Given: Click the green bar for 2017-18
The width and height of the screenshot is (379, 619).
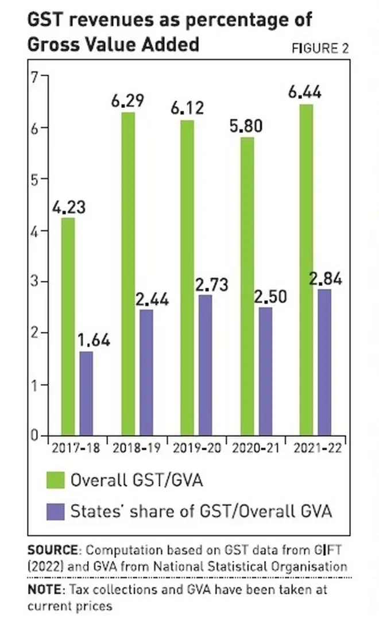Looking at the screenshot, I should tap(68, 326).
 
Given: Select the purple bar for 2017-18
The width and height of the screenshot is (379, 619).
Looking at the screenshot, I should tap(86, 393).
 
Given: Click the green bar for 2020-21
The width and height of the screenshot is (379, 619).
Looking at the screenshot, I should tap(247, 286).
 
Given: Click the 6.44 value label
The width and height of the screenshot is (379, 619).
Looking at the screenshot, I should tap(305, 92).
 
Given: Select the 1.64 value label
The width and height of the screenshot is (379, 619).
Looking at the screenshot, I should tap(94, 339).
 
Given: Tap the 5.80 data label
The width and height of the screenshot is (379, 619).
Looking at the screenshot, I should tap(246, 125).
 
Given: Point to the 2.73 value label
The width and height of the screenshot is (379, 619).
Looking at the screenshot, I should tap(212, 284).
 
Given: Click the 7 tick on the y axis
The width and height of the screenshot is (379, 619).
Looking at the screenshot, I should tap(35, 76).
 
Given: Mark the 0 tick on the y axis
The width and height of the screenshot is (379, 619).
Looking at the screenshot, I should tap(35, 435).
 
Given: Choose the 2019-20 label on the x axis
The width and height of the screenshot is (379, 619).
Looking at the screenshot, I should tap(196, 448).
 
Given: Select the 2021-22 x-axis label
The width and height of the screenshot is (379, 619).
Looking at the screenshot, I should tap(318, 448).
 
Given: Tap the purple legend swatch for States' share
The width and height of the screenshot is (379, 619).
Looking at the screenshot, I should tap(55, 511).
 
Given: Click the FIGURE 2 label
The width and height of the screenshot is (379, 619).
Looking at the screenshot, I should tap(320, 48).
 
